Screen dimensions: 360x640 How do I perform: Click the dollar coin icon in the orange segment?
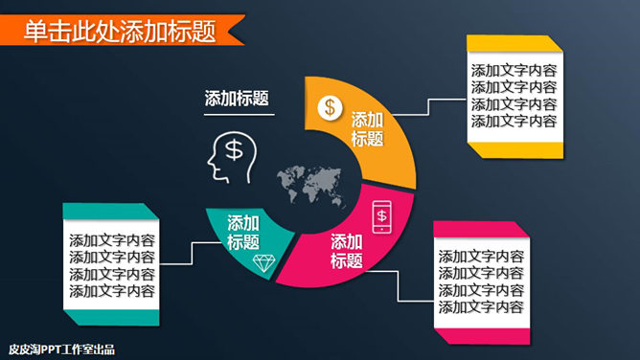330,106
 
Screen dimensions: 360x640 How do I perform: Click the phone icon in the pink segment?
381,216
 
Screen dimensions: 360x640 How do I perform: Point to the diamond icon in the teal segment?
262,262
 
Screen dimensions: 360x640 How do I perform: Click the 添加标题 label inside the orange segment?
367,129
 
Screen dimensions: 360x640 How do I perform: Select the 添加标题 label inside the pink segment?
347,251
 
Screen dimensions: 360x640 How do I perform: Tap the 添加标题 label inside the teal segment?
243,232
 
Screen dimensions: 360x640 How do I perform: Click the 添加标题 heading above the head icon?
236,98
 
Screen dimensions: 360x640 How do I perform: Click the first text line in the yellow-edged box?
514,70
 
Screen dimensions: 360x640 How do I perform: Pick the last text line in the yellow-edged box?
514,122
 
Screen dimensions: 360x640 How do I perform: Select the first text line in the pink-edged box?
481,256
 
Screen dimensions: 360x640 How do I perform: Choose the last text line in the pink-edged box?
481,307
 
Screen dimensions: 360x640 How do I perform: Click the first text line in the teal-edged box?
112,239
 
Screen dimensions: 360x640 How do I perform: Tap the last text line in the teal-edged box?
112,291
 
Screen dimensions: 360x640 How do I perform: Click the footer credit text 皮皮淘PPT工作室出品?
59,349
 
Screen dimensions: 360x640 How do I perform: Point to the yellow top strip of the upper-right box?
512,44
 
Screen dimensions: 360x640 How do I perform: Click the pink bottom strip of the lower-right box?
479,334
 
